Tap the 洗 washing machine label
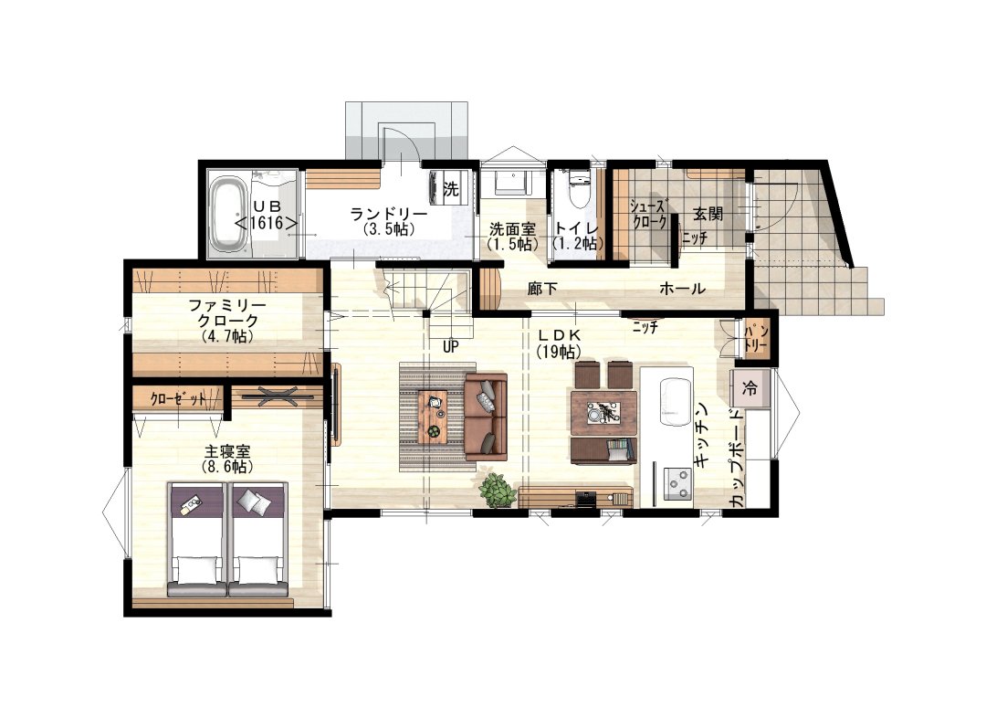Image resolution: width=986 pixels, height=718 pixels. point(451,188)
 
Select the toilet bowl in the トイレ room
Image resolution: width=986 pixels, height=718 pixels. point(579,190)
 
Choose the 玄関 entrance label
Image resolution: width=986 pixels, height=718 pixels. point(708,214)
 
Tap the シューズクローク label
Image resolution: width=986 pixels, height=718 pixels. point(649,214)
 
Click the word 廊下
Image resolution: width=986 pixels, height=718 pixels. point(542,289)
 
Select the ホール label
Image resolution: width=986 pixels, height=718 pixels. point(682,289)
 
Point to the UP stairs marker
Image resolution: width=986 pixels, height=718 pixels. point(451,347)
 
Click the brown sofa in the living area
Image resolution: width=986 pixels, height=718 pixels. point(486,416)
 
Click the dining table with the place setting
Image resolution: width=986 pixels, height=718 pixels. point(603,413)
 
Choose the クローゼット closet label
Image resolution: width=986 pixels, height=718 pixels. point(178,398)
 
